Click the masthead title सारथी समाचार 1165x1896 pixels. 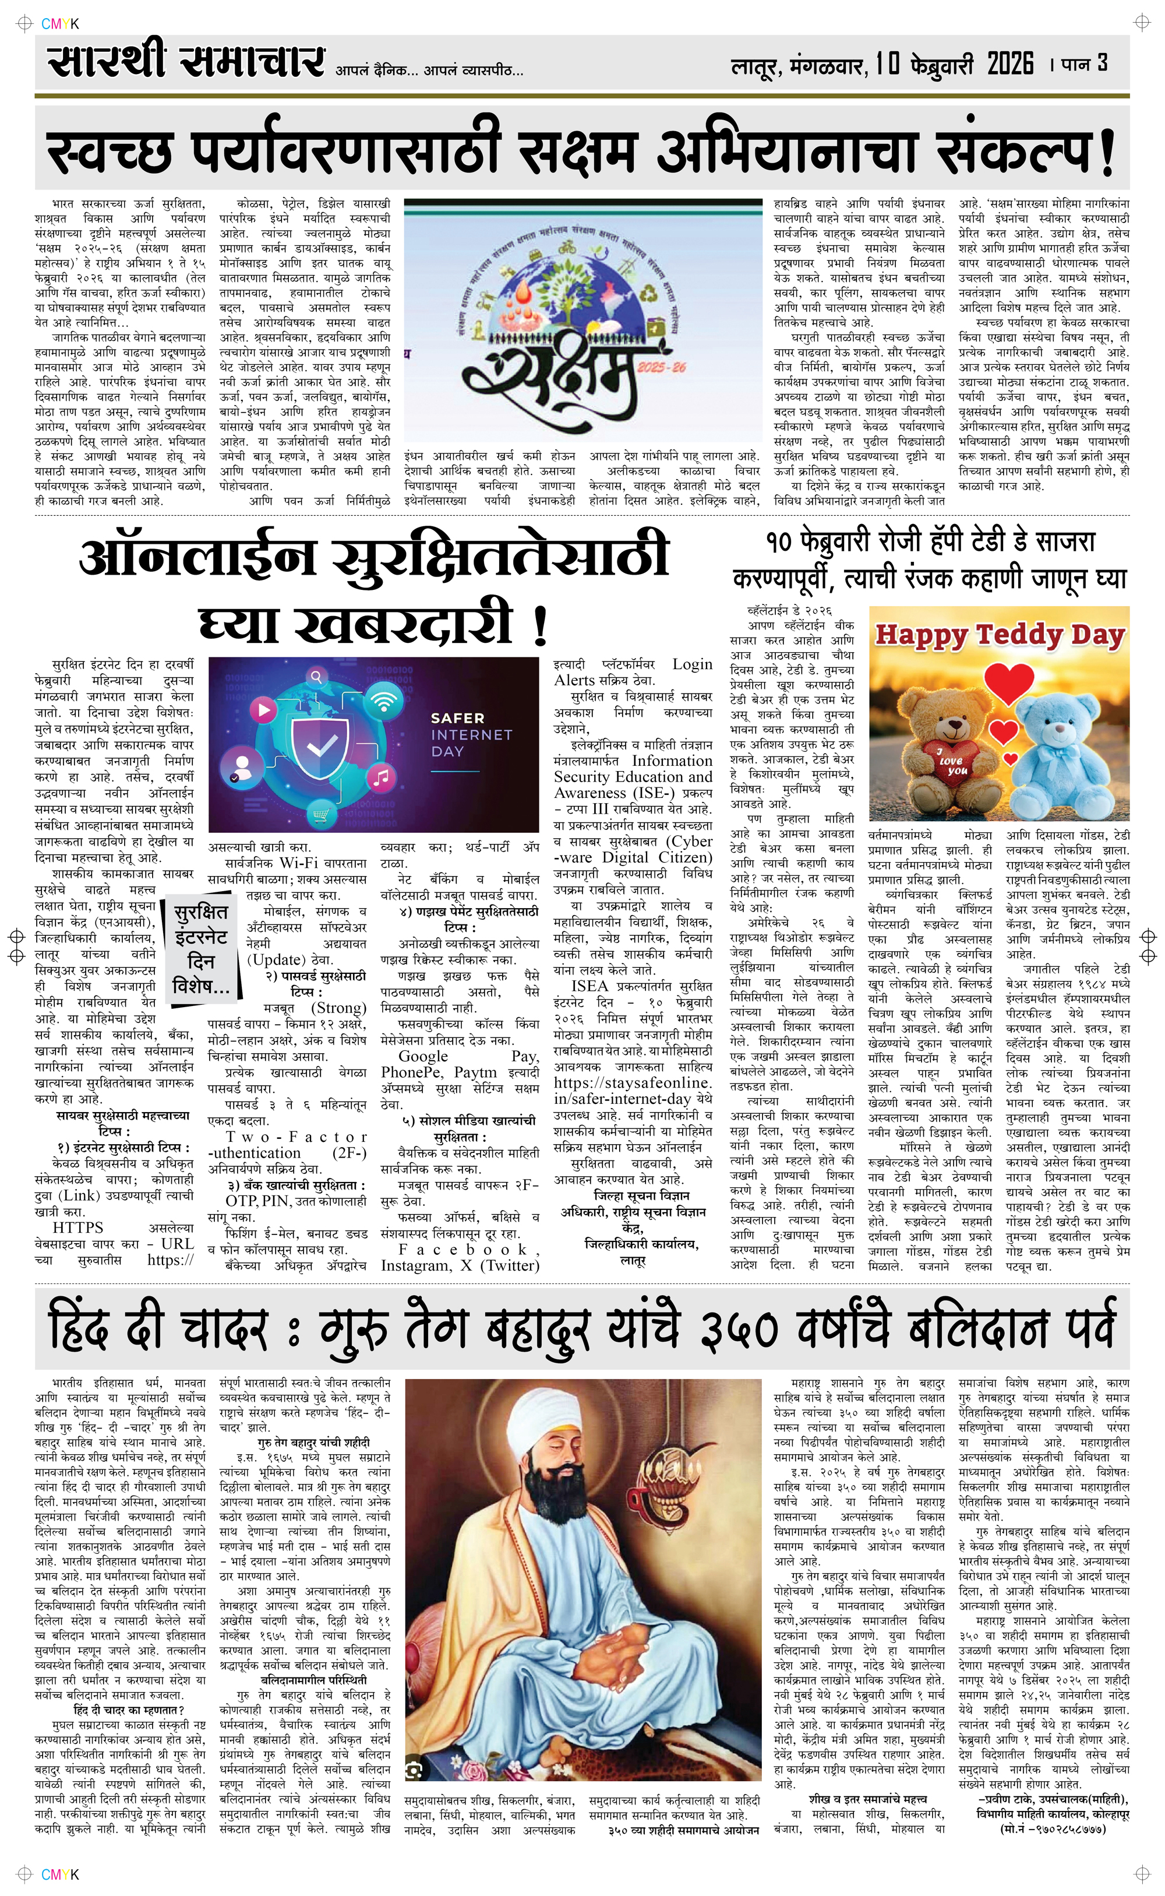point(185,60)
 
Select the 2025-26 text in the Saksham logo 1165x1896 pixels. point(661,368)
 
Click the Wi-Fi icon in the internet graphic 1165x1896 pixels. point(382,701)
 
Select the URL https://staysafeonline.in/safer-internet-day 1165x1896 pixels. point(633,1091)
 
